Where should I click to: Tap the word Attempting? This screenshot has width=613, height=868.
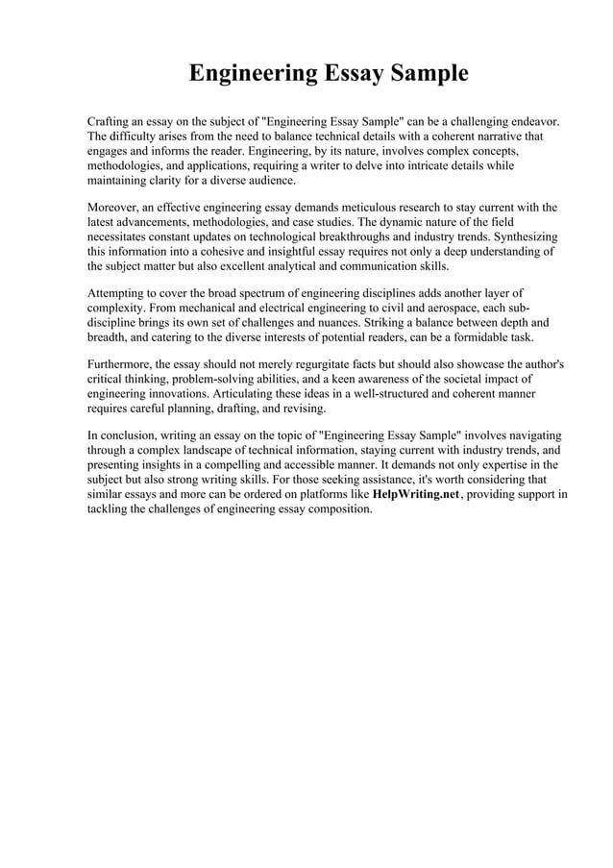118,292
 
